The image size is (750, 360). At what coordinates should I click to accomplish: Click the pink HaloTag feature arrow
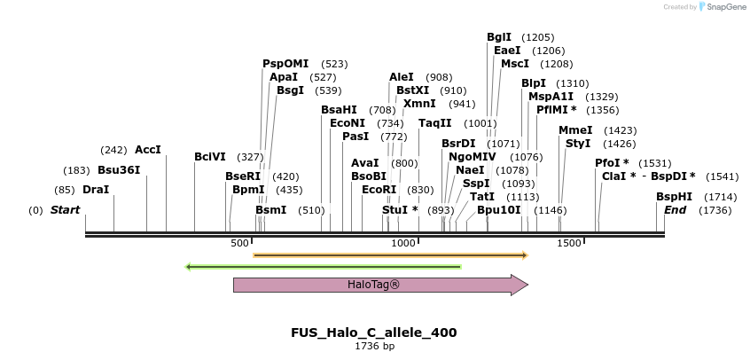pos(380,285)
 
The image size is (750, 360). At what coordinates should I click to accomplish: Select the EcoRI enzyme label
pos(379,189)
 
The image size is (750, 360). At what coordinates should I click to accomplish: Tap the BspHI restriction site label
pos(674,197)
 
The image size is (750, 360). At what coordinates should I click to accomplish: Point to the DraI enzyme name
pos(96,190)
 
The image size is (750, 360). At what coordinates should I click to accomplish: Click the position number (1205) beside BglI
pos(537,37)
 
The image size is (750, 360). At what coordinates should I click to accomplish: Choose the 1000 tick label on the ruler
pos(403,243)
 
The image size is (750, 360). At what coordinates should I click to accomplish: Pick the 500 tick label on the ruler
pos(239,243)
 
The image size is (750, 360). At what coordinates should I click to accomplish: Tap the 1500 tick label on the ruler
pos(568,243)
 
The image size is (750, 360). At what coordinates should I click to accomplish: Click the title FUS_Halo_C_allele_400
pos(373,333)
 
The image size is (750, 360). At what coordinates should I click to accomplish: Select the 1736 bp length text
pos(374,345)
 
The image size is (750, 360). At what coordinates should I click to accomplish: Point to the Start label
pos(65,209)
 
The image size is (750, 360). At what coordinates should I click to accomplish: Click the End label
pos(675,209)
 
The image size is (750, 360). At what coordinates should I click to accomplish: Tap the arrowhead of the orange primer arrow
pos(525,255)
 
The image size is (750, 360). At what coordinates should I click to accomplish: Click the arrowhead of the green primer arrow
pos(188,267)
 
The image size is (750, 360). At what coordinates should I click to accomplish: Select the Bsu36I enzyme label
pos(119,170)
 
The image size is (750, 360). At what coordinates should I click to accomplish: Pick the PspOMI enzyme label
pos(285,64)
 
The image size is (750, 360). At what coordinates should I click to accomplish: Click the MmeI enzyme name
pos(575,130)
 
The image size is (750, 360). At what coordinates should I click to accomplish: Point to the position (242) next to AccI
pos(113,151)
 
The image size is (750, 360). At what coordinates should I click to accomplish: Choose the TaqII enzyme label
pos(434,123)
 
